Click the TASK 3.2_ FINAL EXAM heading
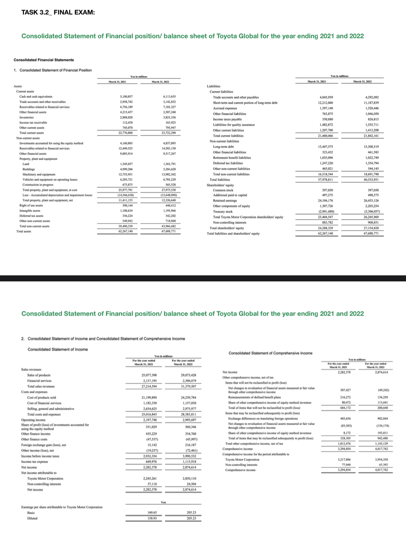(58, 13)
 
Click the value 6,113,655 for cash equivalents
(169, 97)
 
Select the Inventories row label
(27, 117)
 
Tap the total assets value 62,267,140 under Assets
(126, 231)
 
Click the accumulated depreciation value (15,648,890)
(169, 195)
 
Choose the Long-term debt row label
(223, 147)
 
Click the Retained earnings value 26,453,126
(372, 201)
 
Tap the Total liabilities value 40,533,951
(372, 180)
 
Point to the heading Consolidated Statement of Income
(58, 349)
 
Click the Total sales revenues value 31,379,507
(188, 386)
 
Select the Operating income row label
(33, 420)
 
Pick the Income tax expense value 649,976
(150, 462)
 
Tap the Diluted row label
(32, 518)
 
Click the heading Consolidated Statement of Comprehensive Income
(270, 353)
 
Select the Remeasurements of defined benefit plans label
(254, 397)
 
